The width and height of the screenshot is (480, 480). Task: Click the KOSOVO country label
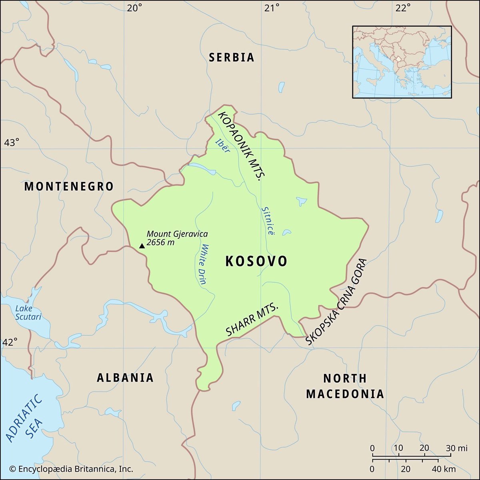256,261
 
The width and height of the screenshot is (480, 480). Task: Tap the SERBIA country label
232,57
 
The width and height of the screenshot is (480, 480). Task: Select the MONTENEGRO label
69,186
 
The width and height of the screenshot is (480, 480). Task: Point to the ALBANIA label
125,378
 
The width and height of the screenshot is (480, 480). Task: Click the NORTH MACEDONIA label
345,386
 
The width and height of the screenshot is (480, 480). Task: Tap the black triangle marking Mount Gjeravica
142,246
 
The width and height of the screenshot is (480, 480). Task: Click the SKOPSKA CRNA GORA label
336,302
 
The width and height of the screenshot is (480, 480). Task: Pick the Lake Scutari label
28,312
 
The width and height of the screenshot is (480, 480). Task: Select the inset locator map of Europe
402,62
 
